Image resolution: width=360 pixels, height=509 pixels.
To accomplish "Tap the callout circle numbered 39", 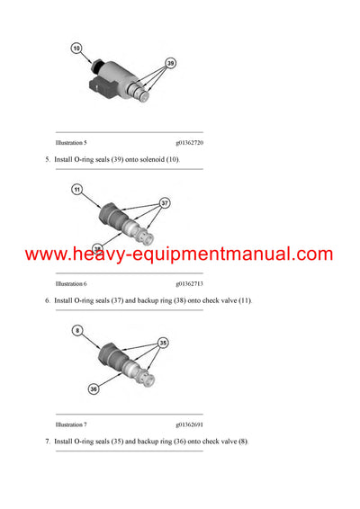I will pos(170,64).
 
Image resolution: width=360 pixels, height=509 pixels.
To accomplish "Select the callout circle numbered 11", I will pos(76,190).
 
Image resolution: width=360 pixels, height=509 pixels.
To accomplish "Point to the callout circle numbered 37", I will pos(165,203).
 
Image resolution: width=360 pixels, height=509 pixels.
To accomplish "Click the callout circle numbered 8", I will pos(76,332).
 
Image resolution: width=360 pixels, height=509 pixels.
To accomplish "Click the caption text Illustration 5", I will pos(71,143).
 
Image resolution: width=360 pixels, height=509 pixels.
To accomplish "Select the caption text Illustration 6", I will pos(71,283).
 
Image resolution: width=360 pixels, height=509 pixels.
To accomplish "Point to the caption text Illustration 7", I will pos(71,424).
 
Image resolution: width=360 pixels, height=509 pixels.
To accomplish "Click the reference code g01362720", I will pos(195,143).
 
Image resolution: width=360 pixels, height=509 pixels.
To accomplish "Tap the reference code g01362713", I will pos(195,283).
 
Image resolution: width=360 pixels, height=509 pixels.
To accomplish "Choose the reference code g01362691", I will pos(195,424).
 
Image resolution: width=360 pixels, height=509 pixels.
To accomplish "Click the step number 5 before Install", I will pos(47,159).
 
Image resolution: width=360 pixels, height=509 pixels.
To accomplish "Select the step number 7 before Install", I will pos(47,441).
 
